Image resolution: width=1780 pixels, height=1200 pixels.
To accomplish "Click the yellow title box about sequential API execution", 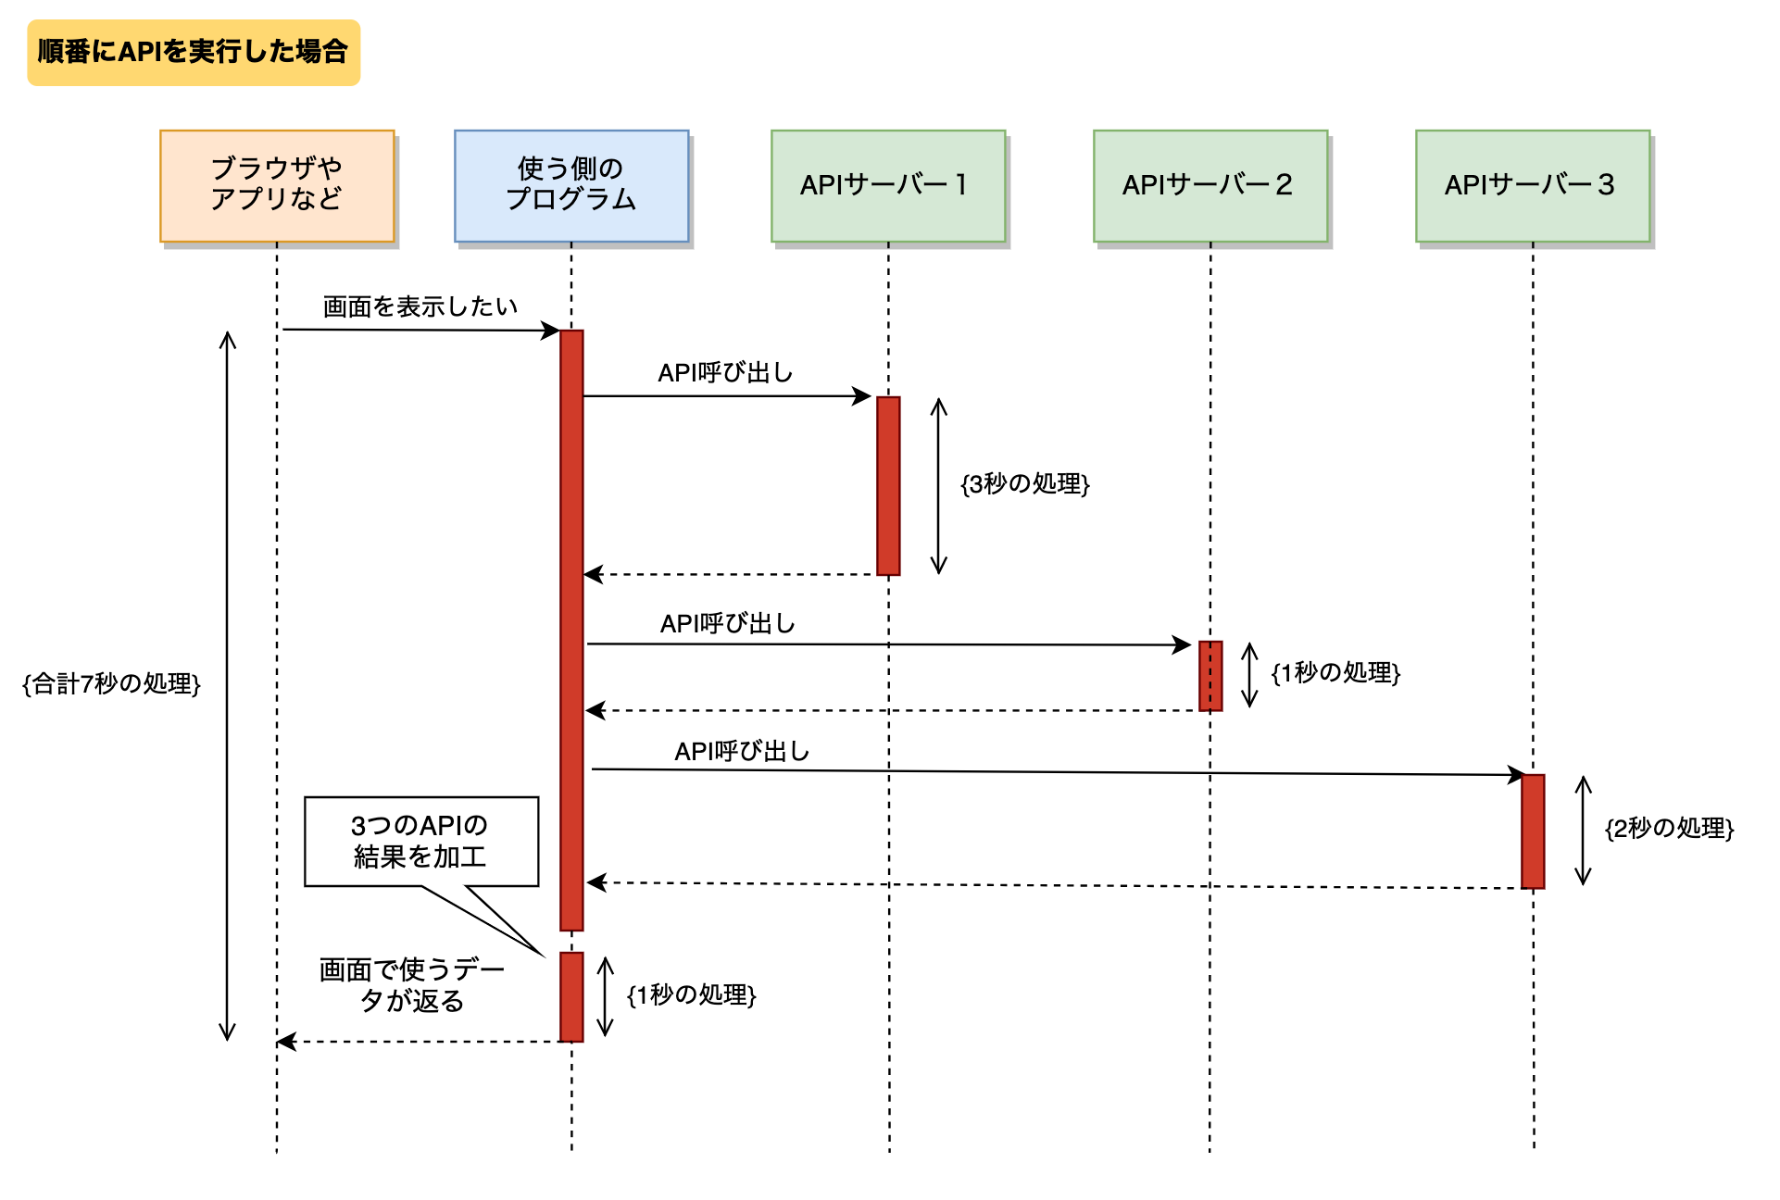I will coord(193,52).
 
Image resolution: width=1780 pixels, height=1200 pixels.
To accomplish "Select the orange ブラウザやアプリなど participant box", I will coord(277,185).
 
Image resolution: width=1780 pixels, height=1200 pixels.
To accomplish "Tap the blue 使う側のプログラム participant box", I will coord(571,185).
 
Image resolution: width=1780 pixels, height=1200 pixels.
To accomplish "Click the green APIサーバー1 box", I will coord(887,185).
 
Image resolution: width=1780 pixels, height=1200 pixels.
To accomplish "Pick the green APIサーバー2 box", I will coord(1210,185).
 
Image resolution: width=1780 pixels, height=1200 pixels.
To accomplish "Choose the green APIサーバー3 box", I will coord(1532,185).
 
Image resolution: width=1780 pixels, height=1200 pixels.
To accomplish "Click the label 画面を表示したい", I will coord(420,306).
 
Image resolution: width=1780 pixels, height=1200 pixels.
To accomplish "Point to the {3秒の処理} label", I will coord(1025,483).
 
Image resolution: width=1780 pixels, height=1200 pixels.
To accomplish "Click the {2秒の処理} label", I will coord(1669,828).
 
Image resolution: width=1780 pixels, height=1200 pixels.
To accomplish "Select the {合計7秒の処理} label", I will coord(111,684).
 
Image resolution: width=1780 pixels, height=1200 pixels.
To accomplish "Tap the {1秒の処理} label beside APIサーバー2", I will coord(1335,673).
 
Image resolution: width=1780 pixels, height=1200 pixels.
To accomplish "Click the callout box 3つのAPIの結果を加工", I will coord(421,841).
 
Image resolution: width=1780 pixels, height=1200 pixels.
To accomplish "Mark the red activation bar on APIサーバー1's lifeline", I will coord(888,485).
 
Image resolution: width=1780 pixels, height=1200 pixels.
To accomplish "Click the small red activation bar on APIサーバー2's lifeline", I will coord(1210,676).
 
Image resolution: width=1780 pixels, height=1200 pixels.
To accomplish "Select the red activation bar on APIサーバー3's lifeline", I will coord(1533,831).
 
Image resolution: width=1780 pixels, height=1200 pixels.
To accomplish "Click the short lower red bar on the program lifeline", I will coord(571,996).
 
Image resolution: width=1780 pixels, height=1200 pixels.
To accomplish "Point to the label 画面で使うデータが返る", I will coord(412,985).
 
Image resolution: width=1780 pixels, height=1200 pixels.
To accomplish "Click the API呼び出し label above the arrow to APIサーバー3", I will coord(742,751).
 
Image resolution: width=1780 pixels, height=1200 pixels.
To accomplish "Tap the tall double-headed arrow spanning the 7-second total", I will coord(227,685).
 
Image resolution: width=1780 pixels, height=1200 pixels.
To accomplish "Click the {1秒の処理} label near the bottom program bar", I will coord(692,995).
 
